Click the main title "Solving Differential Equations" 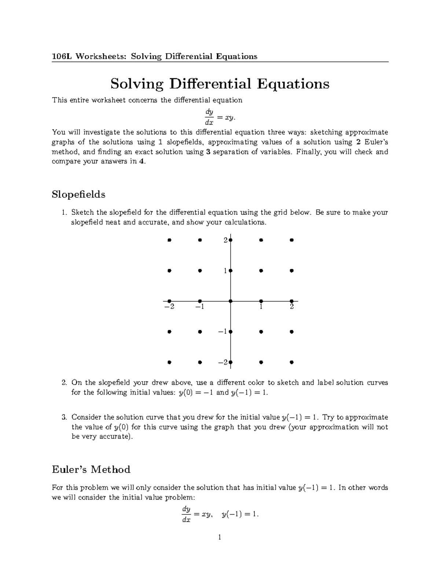coord(220,84)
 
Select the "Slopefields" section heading coord(78,194)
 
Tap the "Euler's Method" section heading coord(91,469)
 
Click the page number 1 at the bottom coord(220,537)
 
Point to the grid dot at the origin coord(230,301)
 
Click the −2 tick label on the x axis coord(169,307)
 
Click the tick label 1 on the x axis coord(261,307)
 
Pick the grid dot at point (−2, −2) coord(169,362)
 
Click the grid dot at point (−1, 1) coord(200,271)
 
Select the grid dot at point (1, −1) coord(261,332)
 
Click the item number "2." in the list coord(64,383)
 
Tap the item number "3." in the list coord(64,417)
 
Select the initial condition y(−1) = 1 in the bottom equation coord(240,514)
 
